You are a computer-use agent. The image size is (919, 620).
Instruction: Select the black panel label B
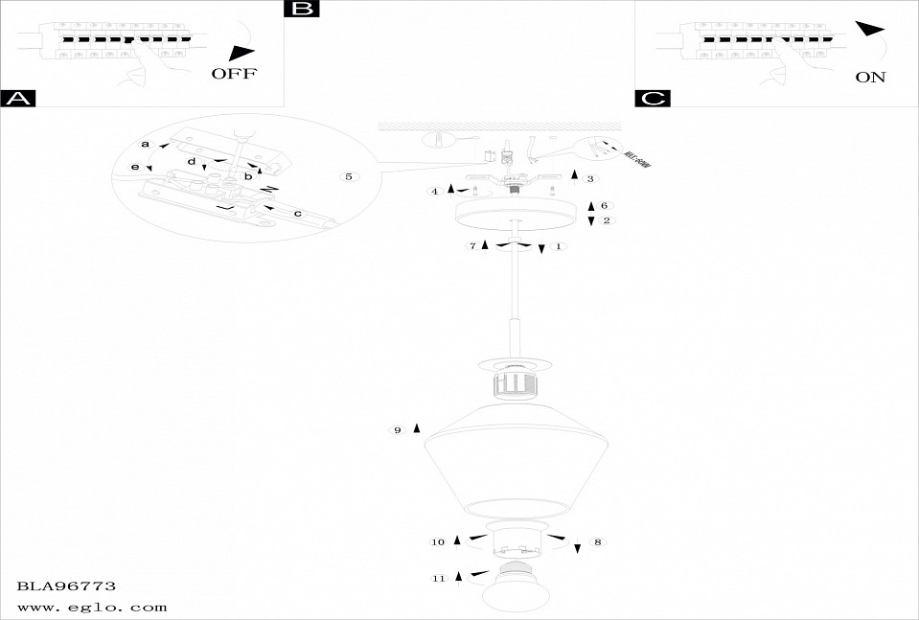302,10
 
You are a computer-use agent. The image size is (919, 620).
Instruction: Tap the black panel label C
653,98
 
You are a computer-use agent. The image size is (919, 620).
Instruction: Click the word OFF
234,74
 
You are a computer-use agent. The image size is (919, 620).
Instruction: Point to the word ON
870,78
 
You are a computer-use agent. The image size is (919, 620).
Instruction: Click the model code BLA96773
67,585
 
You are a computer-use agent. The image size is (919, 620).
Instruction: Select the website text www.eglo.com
92,607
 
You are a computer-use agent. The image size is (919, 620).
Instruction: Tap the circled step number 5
349,177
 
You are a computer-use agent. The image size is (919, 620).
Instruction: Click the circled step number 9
397,430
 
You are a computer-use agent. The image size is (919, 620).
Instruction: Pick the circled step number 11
439,578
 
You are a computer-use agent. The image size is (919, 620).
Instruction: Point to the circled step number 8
597,542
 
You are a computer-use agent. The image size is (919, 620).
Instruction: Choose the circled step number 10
438,542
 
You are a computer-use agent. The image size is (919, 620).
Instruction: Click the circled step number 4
435,192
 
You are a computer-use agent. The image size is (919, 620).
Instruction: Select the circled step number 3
590,178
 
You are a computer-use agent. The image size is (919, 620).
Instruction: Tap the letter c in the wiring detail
297,213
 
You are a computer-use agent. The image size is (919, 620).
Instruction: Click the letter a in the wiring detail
146,144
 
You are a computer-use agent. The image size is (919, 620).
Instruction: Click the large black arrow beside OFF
243,54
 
